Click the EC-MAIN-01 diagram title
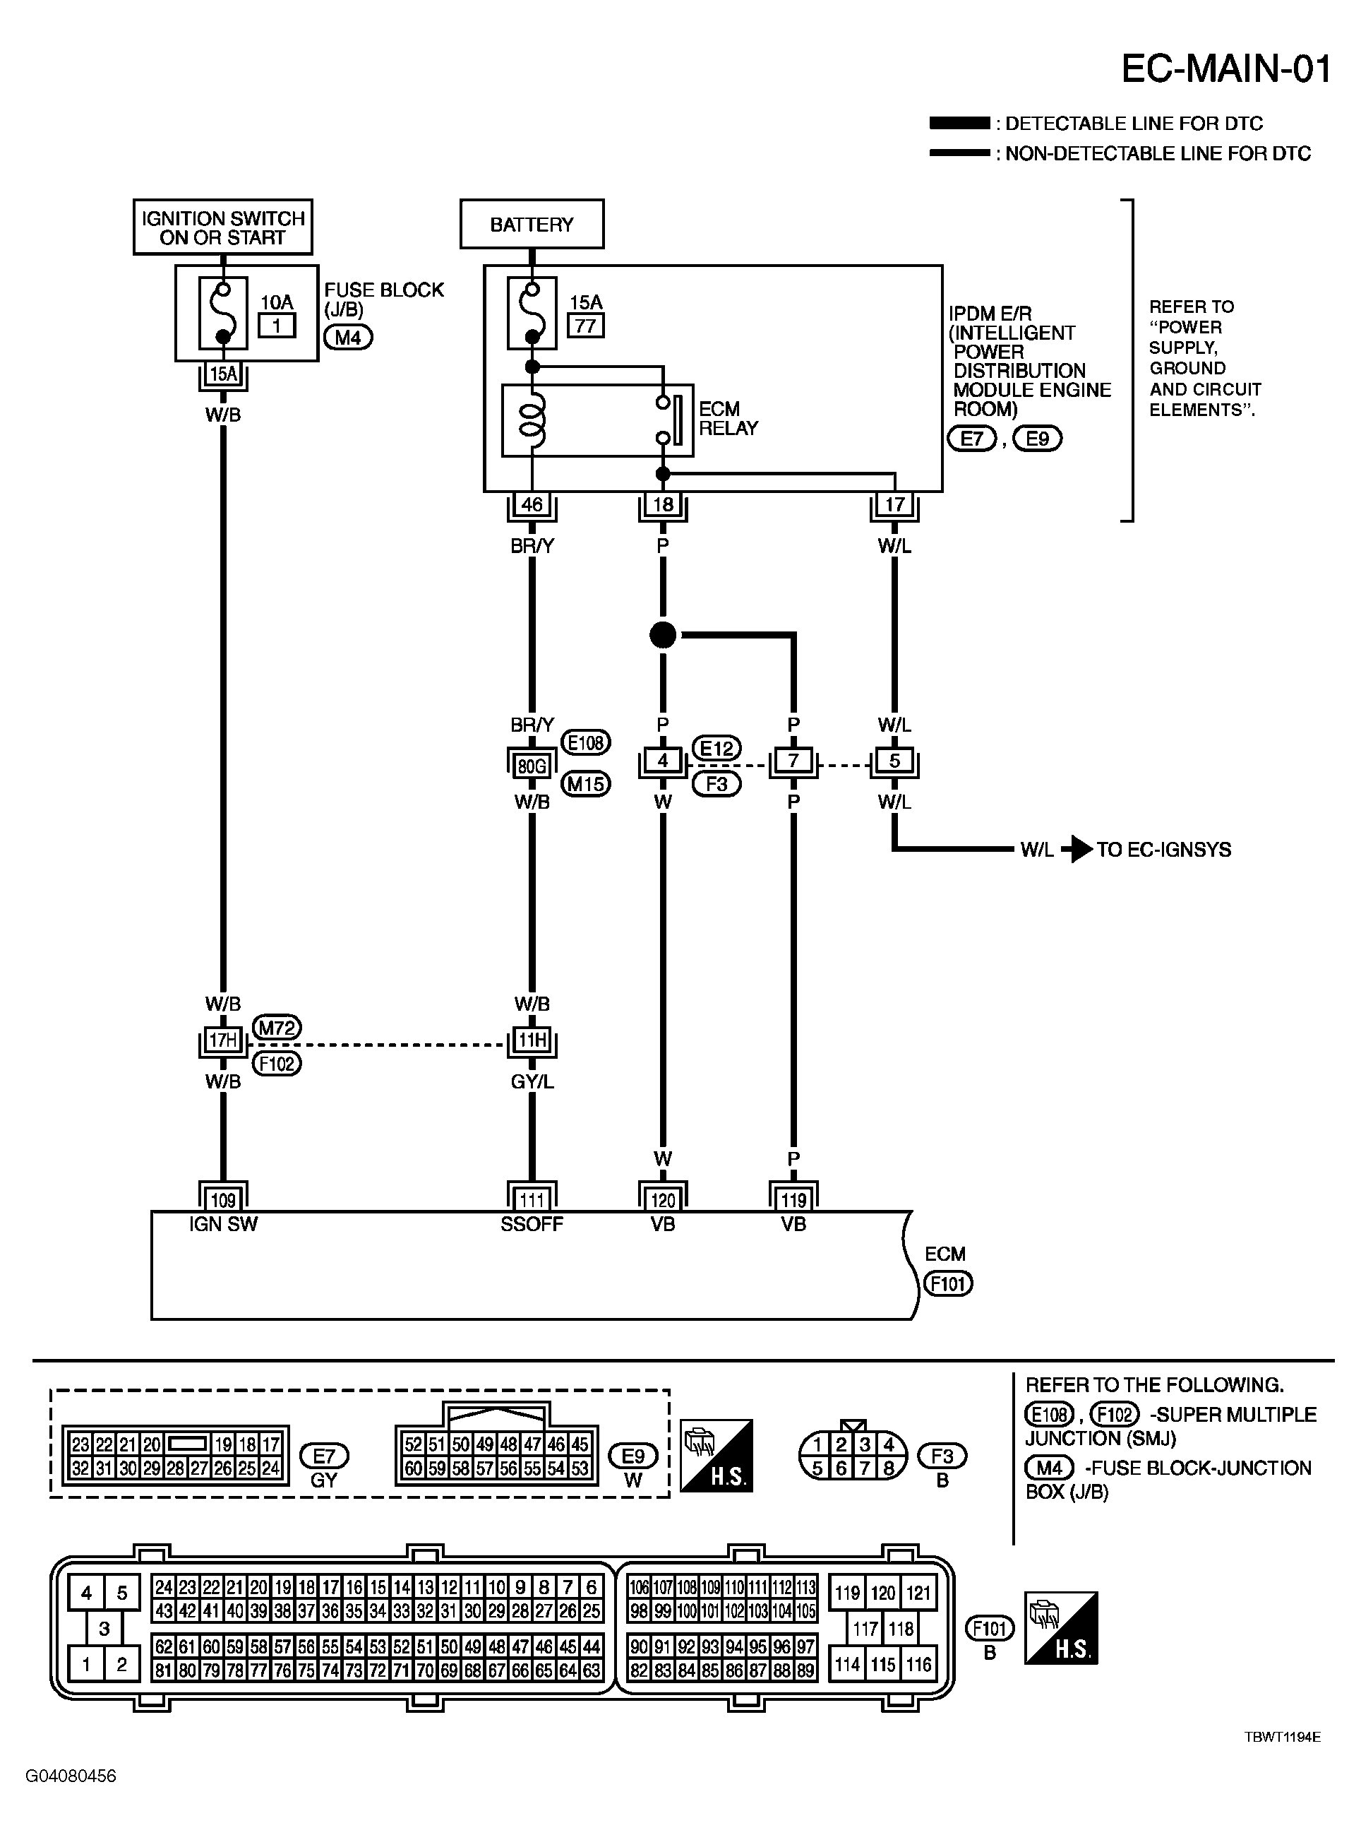point(1226,69)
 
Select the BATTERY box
point(532,224)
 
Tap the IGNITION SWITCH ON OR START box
point(222,227)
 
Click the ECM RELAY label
point(729,419)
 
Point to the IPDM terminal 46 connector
point(532,504)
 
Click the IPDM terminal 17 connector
point(894,504)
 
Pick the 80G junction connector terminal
point(532,766)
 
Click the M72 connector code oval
point(277,1028)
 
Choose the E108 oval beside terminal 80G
point(586,743)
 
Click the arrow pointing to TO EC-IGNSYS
point(1077,849)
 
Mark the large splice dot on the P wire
point(662,635)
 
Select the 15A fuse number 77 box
point(585,326)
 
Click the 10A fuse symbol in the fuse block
point(222,314)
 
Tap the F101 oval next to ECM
point(948,1283)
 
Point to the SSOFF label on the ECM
point(532,1224)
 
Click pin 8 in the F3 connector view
point(888,1468)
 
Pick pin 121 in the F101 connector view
point(918,1593)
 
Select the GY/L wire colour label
point(532,1081)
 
